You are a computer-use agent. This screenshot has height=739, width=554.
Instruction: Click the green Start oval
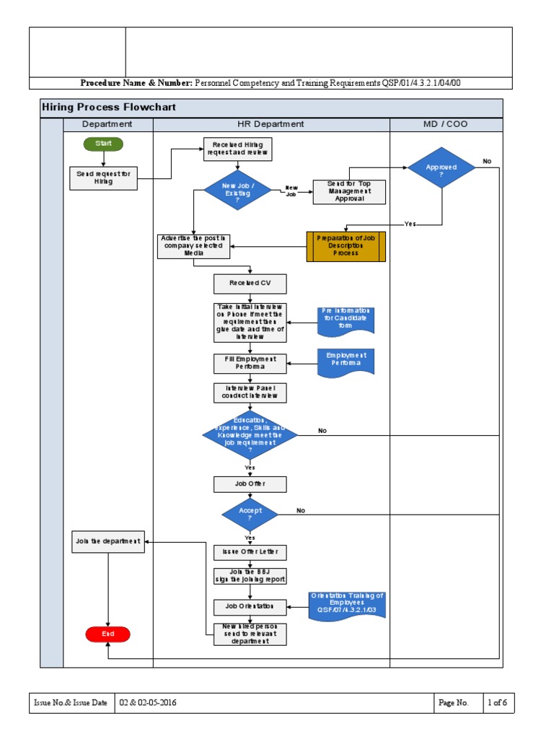(x=103, y=144)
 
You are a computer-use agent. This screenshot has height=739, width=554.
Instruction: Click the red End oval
(x=107, y=634)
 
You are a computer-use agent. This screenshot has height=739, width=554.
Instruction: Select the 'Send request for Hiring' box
(x=104, y=178)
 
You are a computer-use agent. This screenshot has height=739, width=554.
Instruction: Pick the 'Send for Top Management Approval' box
(x=349, y=192)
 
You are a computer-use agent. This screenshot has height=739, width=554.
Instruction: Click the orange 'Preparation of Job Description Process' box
(x=346, y=247)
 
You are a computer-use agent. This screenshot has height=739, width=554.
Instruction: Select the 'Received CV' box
(x=250, y=284)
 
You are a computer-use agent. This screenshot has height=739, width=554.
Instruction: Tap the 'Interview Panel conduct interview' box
(x=250, y=393)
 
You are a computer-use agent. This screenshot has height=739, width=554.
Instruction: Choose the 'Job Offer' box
(x=250, y=484)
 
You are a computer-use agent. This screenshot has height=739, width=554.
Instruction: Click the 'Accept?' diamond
(x=250, y=514)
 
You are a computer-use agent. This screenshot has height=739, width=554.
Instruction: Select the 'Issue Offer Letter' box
(x=250, y=553)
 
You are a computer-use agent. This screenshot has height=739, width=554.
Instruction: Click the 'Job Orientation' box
(x=250, y=607)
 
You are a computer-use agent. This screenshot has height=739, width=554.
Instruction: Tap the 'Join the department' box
(x=107, y=542)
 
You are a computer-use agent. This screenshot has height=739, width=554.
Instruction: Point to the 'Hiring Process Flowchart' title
(x=109, y=108)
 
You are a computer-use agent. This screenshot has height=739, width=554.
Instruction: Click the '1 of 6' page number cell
(x=497, y=703)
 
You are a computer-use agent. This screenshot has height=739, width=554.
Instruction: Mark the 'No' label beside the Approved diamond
(x=487, y=162)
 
